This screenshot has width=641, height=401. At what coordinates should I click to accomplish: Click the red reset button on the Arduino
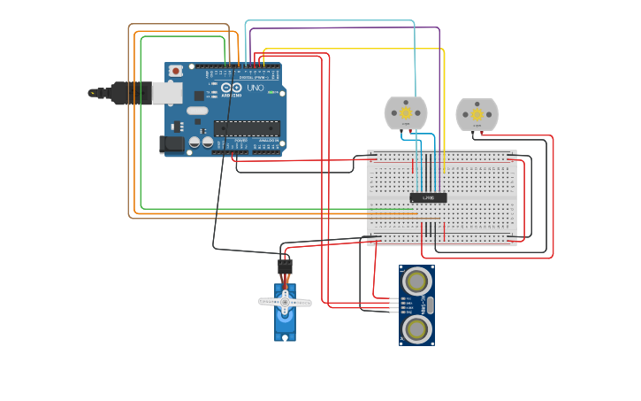[x=176, y=71]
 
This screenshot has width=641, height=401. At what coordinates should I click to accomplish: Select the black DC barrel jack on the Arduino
[x=172, y=143]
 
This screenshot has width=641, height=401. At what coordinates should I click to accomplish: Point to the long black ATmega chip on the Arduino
[x=247, y=128]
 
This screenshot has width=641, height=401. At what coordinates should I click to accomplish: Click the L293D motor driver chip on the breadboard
[x=428, y=197]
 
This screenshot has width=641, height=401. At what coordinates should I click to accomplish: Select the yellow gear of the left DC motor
[x=406, y=112]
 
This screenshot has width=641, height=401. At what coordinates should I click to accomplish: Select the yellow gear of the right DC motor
[x=477, y=113]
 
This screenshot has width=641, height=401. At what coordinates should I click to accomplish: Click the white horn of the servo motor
[x=285, y=303]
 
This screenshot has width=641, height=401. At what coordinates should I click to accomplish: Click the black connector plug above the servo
[x=285, y=265]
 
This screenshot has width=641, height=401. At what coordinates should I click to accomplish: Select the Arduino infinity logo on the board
[x=231, y=88]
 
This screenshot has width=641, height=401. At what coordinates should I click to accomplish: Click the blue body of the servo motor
[x=285, y=324]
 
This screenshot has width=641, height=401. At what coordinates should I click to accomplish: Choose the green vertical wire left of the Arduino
[x=141, y=124]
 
